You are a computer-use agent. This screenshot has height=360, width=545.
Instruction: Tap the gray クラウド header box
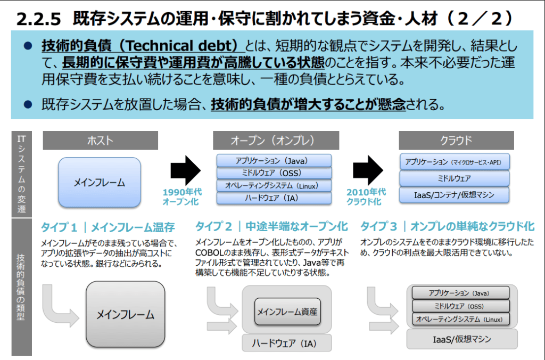click(456, 141)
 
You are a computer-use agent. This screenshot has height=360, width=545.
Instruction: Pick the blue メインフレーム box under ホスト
click(100, 182)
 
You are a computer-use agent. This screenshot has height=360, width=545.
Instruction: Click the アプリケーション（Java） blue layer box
click(274, 160)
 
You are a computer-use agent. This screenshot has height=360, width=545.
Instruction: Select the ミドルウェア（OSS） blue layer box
click(274, 173)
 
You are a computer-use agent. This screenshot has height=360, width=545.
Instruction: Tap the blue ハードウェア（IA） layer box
click(274, 199)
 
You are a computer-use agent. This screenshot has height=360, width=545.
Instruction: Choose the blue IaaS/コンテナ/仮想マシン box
click(454, 195)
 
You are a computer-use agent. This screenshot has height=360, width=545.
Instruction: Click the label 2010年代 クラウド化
click(367, 197)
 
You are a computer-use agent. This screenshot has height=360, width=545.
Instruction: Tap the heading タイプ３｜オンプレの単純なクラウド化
click(447, 227)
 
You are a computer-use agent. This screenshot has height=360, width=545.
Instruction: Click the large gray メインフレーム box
click(125, 314)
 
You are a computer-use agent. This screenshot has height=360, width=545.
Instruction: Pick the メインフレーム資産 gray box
click(287, 312)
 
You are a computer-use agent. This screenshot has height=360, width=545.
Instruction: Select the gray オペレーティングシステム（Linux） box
click(460, 320)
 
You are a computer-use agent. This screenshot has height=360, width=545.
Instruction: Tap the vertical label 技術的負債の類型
click(21, 285)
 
